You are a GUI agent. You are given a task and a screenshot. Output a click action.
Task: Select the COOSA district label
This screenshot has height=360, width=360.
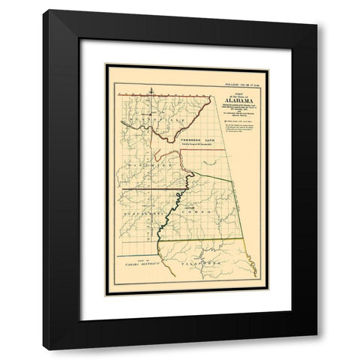click(207, 213)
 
